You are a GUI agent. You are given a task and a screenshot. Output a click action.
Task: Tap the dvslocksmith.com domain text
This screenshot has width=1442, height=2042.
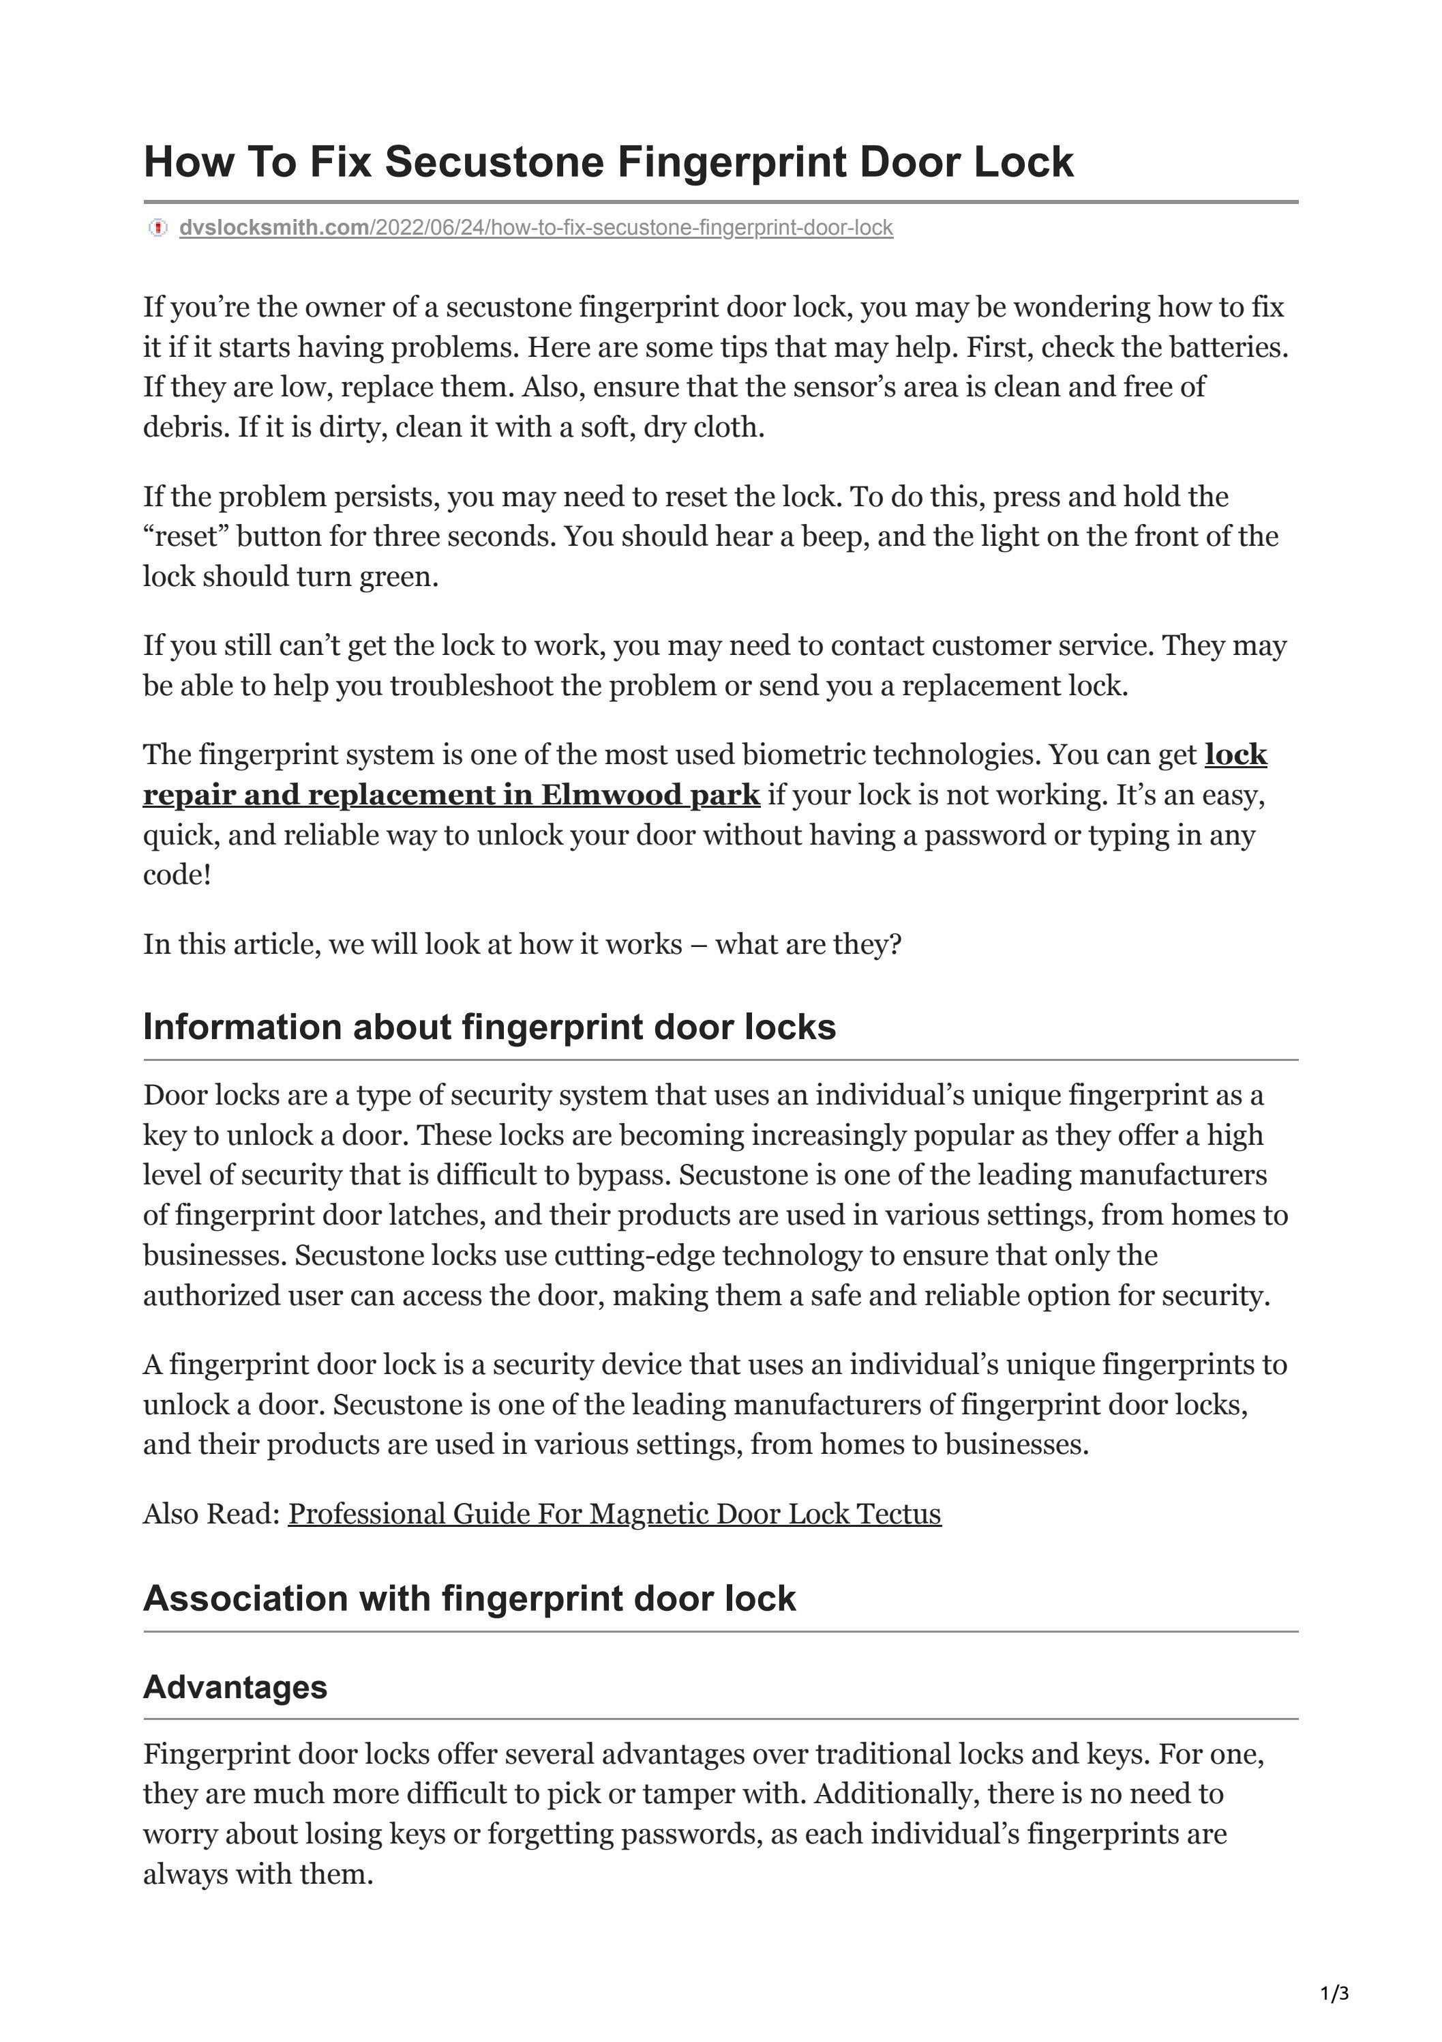pyautogui.click(x=274, y=228)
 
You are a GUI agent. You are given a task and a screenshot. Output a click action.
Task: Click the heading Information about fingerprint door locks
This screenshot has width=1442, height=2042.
pyautogui.click(x=489, y=1026)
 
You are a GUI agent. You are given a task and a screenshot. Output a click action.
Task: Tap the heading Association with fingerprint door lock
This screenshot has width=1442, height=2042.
pyautogui.click(x=469, y=1597)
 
